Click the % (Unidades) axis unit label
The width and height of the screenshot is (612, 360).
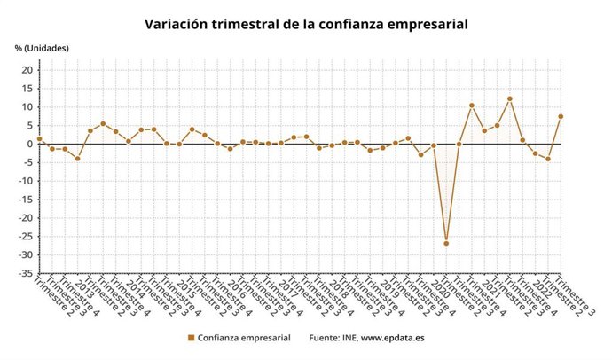point(42,47)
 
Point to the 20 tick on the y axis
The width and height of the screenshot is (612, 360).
point(27,70)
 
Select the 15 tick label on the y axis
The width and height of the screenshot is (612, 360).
point(27,89)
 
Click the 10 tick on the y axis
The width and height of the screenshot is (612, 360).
point(27,107)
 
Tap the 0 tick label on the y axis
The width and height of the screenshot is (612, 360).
point(29,144)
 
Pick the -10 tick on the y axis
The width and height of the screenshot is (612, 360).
point(25,181)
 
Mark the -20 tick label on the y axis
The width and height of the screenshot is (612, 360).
point(25,218)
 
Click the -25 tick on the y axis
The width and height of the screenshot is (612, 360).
point(25,237)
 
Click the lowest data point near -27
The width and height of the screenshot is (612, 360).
point(446,243)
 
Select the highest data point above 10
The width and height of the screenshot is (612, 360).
point(510,98)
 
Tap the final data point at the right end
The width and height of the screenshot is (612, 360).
point(561,116)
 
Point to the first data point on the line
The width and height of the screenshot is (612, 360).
point(39,139)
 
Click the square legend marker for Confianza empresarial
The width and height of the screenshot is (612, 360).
point(191,338)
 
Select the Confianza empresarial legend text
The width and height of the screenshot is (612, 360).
point(243,338)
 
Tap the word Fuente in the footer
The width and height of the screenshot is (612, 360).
point(324,338)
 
